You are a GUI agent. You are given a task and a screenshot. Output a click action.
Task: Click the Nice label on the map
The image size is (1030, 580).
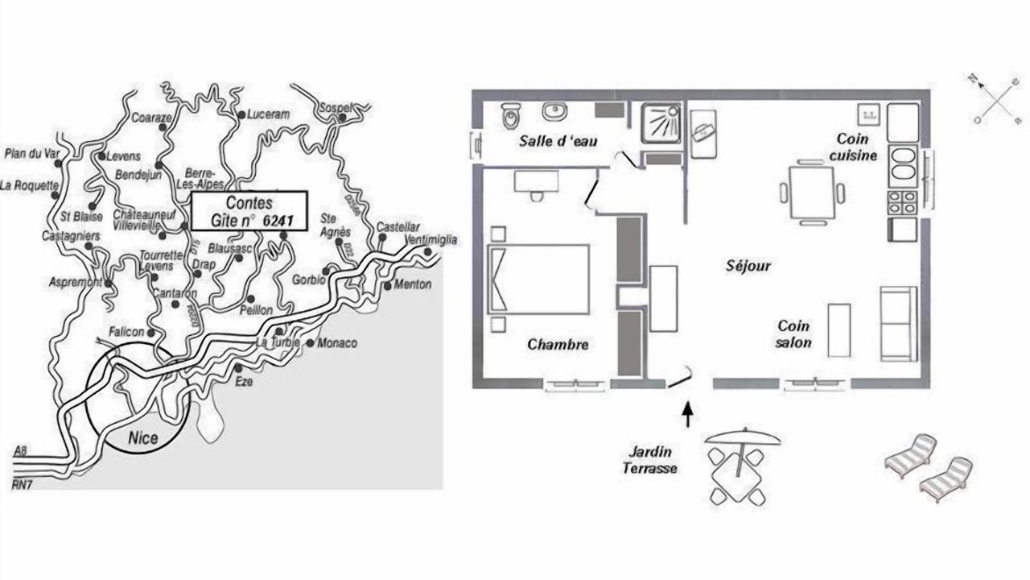coord(144,440)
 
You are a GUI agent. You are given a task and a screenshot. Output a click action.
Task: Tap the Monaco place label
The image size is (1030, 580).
coord(337,343)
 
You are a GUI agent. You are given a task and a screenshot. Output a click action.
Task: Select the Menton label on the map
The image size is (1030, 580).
coord(413,284)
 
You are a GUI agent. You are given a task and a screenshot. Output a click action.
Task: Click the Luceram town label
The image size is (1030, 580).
coord(269,114)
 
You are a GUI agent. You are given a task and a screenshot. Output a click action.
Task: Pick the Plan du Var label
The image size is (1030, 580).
coord(32,154)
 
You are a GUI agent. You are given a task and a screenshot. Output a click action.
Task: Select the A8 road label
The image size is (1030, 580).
coord(21,453)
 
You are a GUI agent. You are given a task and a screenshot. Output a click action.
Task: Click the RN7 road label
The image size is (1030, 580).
coord(23,485)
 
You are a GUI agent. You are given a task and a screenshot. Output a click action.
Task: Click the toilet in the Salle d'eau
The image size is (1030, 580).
coord(511,117)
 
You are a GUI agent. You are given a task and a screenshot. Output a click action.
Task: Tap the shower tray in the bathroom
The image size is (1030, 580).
coord(661,123)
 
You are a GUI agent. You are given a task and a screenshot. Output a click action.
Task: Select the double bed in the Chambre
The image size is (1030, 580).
coord(538,279)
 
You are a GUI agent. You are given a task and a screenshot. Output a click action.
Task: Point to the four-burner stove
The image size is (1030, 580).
coord(902,202)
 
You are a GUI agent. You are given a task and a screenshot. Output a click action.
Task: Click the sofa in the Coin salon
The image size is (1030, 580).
coord(898,323)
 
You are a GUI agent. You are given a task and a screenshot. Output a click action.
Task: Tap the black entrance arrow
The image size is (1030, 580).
coord(688,413)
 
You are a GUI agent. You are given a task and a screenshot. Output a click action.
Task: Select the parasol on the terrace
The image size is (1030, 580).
coord(742,440)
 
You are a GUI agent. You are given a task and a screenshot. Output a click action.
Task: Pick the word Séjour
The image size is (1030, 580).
coord(748,266)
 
